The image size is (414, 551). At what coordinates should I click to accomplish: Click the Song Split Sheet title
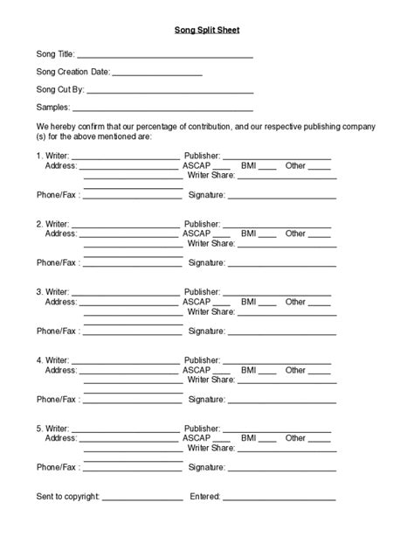tap(206, 31)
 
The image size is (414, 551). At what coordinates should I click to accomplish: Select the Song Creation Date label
tap(72, 73)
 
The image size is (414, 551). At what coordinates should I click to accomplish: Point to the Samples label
tap(52, 108)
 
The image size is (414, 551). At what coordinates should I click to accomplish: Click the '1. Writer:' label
tap(52, 156)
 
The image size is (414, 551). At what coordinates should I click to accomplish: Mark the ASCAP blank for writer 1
tap(222, 168)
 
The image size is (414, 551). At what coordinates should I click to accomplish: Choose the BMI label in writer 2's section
tap(249, 234)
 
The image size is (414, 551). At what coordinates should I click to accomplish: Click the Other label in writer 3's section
tap(295, 302)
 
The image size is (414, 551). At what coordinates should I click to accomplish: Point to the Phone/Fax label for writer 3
tap(58, 331)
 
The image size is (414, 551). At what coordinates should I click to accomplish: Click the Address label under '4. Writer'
tap(61, 370)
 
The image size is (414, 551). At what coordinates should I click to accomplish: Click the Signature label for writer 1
tap(207, 194)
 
